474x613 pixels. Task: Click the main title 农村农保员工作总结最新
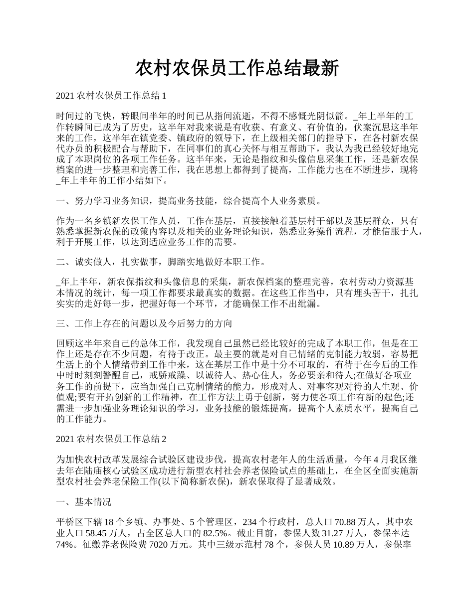click(x=237, y=68)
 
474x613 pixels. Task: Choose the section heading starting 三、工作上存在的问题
click(x=145, y=323)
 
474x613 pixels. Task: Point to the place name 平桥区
click(x=70, y=522)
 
